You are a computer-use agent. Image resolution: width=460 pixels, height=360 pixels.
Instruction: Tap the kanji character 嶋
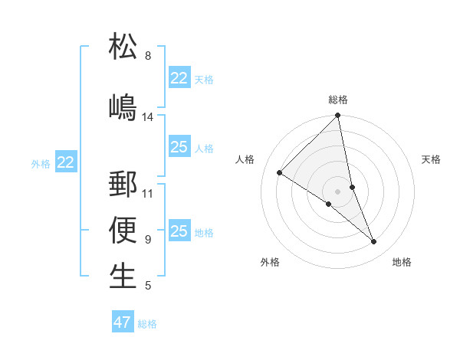(x=123, y=106)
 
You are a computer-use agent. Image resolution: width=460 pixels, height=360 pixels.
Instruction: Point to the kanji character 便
(x=123, y=231)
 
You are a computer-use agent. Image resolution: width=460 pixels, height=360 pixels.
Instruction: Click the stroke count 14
(x=148, y=117)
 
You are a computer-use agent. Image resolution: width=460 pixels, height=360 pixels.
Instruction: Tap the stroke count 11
(x=148, y=193)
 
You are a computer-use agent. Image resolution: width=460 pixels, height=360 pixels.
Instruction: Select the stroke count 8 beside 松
(x=148, y=56)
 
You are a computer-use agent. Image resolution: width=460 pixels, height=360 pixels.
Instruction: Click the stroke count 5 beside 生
(x=148, y=286)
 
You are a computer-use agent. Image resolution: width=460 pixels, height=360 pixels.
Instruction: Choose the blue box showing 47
(x=123, y=322)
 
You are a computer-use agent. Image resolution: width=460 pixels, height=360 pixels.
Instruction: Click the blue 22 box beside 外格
(x=66, y=162)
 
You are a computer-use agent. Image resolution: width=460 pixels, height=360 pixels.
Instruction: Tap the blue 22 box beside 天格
(x=179, y=78)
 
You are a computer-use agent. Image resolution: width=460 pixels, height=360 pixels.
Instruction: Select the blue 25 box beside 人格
(x=179, y=147)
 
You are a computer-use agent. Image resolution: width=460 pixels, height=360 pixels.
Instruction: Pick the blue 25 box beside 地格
(x=179, y=231)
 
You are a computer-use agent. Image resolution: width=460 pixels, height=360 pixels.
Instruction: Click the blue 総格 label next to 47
(x=147, y=324)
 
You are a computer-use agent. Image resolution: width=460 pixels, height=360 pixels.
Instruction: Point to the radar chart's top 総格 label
(x=338, y=100)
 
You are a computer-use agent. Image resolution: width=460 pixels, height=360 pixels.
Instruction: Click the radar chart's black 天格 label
(x=432, y=159)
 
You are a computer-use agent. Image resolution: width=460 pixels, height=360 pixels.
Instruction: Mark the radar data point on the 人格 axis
(x=280, y=173)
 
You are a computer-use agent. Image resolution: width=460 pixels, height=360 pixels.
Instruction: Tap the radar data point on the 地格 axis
(x=374, y=242)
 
